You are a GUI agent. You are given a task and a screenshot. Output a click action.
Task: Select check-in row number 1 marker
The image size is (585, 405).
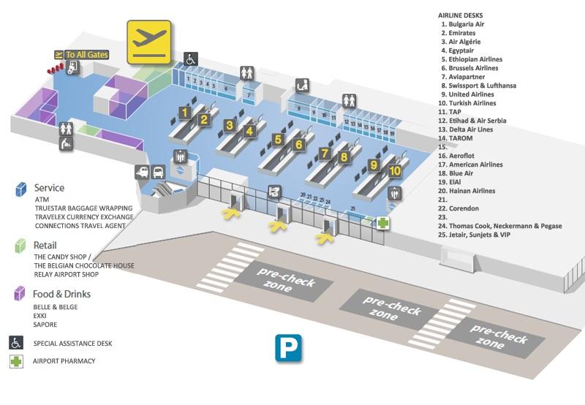click(186, 113)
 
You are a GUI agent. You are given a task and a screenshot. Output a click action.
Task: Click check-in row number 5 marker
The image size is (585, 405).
click(277, 138)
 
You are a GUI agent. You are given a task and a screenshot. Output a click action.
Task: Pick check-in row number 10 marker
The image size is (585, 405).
click(395, 171)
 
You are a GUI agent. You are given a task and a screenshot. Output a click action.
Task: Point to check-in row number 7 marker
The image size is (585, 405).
click(325, 154)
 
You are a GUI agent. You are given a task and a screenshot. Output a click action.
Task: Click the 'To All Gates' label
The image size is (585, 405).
click(87, 53)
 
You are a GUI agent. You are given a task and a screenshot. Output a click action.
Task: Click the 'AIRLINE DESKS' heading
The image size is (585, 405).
click(464, 15)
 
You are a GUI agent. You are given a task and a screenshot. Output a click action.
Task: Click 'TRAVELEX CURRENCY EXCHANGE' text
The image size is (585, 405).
click(84, 217)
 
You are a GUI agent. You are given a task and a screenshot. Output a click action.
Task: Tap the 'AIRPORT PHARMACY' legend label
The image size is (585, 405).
click(65, 361)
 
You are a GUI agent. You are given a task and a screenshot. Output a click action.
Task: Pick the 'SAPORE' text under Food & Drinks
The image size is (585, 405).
click(45, 325)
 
